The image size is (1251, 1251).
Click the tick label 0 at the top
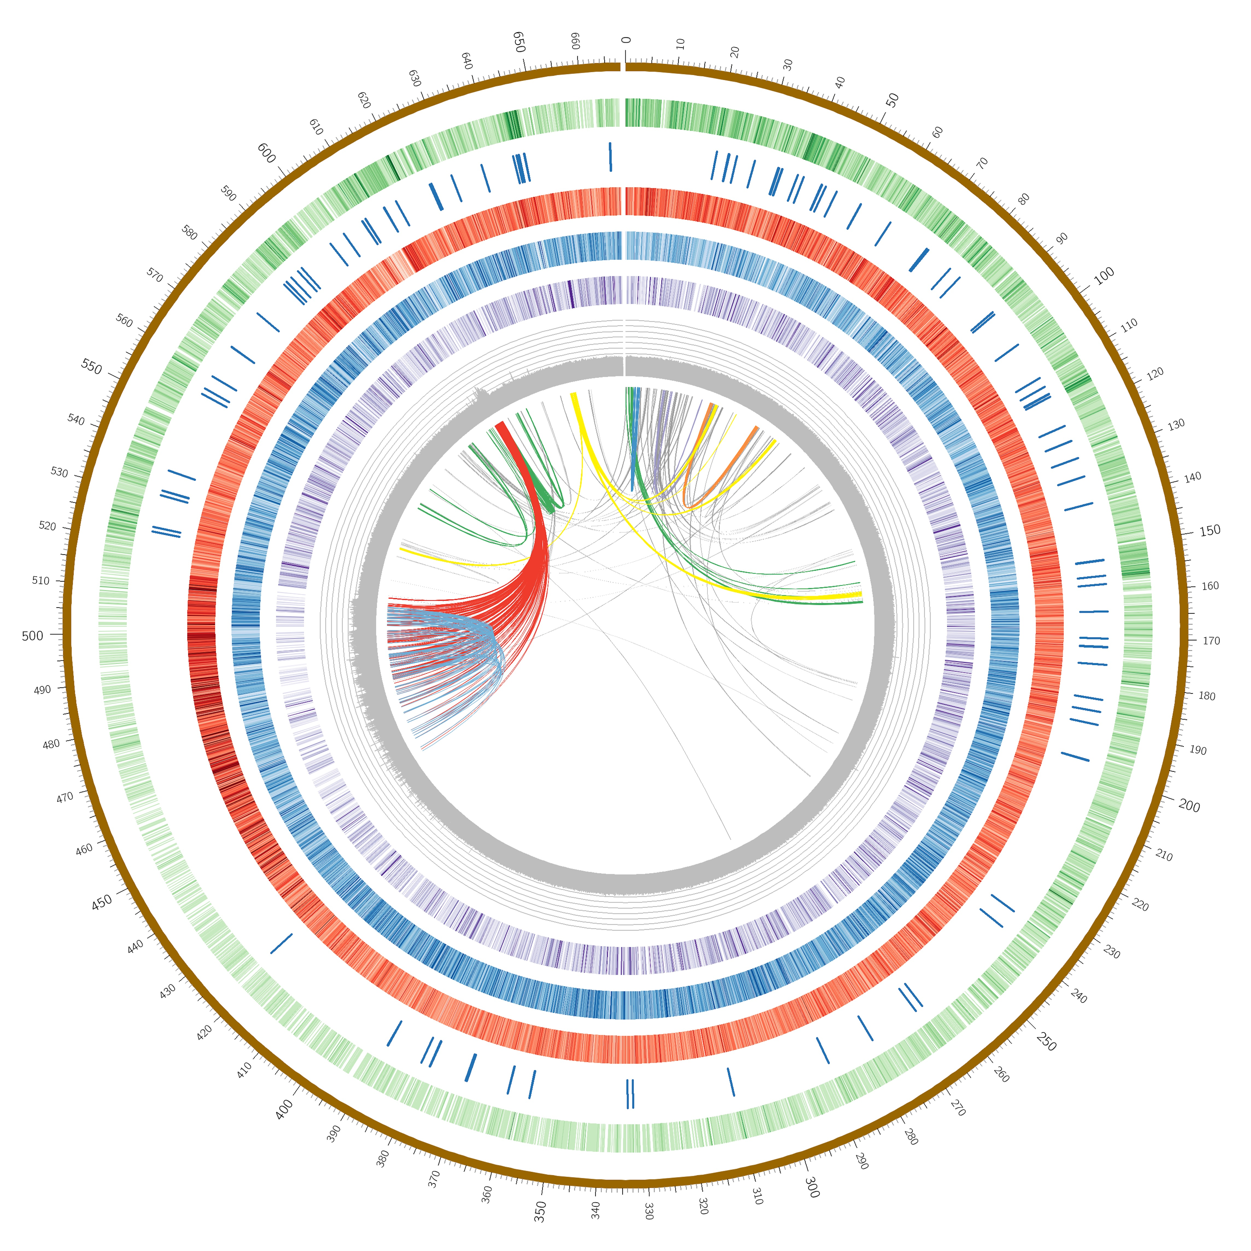626,40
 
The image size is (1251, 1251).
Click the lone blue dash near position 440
281,943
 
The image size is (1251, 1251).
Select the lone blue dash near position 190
1075,756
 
